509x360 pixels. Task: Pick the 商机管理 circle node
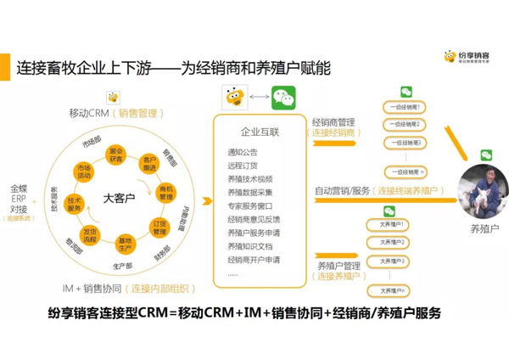[166, 193]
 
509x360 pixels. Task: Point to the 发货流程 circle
[90, 234]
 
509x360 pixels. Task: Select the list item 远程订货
[243, 166]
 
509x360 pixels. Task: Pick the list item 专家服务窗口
[250, 206]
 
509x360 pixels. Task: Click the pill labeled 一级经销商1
[405, 107]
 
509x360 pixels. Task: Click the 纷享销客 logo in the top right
[472, 59]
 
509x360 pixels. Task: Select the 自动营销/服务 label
[341, 191]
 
